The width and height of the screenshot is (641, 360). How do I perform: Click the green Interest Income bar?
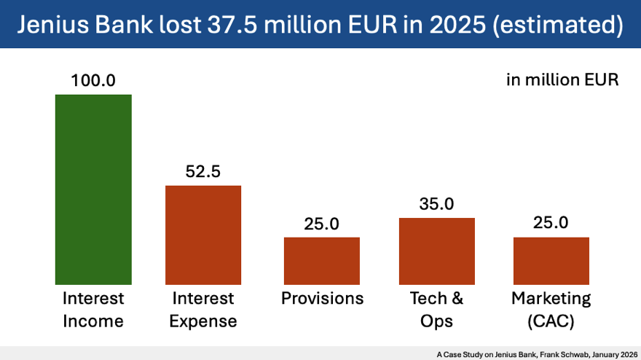pyautogui.click(x=93, y=189)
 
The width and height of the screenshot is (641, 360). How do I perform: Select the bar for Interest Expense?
pyautogui.click(x=203, y=235)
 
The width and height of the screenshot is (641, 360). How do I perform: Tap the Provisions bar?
pyautogui.click(x=321, y=260)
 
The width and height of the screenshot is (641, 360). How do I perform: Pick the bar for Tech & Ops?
pyautogui.click(x=436, y=251)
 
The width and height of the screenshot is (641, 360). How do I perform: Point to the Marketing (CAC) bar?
pyautogui.click(x=551, y=260)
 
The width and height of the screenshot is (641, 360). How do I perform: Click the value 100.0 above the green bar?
pyautogui.click(x=93, y=80)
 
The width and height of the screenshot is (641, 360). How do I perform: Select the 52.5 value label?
pyautogui.click(x=203, y=172)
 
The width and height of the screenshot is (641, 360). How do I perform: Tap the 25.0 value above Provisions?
pyautogui.click(x=321, y=224)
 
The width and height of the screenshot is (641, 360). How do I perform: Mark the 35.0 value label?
pyautogui.click(x=436, y=204)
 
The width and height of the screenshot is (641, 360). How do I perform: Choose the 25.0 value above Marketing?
pyautogui.click(x=551, y=224)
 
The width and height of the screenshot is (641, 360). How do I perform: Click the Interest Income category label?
pyautogui.click(x=93, y=310)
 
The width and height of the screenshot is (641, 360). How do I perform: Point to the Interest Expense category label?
pyautogui.click(x=203, y=310)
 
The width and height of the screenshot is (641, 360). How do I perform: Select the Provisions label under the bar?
pyautogui.click(x=322, y=299)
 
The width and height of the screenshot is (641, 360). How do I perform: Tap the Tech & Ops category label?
pyautogui.click(x=436, y=310)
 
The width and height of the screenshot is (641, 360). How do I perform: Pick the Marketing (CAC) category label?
pyautogui.click(x=551, y=310)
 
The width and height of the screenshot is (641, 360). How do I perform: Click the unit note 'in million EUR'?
pyautogui.click(x=562, y=80)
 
